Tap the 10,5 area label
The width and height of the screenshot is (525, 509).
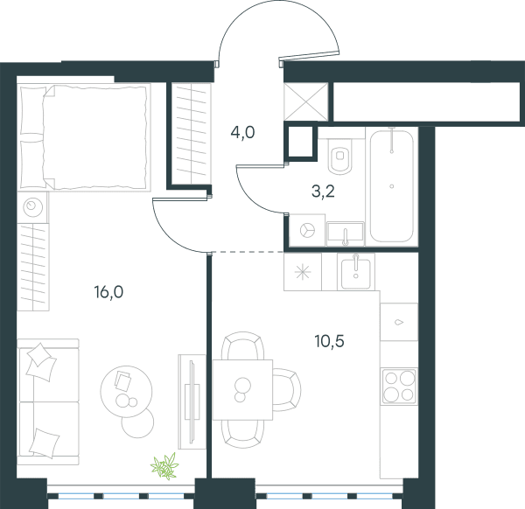[x=330, y=341]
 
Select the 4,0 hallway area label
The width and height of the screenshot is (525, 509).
[x=242, y=133]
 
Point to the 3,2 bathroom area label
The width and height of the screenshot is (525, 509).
[x=323, y=192]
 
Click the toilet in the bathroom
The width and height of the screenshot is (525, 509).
[x=340, y=156]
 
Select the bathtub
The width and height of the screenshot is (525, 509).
[x=392, y=185]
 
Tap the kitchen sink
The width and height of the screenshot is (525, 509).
[x=356, y=271]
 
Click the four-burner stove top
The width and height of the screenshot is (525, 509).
[x=399, y=387]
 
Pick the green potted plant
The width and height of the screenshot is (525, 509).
[x=164, y=466]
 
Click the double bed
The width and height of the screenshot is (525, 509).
[x=84, y=137]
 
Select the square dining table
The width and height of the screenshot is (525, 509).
[x=242, y=390]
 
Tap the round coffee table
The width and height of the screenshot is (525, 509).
[x=126, y=391]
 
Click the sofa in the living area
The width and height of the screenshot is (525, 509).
[x=48, y=402]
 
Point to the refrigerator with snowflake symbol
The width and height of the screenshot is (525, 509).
[x=303, y=271]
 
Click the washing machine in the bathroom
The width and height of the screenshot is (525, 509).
[x=307, y=230]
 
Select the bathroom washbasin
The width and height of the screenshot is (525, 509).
[x=346, y=232]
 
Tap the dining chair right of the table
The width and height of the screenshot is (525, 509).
[x=287, y=390]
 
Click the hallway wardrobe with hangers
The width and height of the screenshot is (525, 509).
[x=191, y=134]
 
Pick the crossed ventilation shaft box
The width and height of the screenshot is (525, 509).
[x=305, y=101]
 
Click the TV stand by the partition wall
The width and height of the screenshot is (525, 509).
[x=192, y=401]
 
